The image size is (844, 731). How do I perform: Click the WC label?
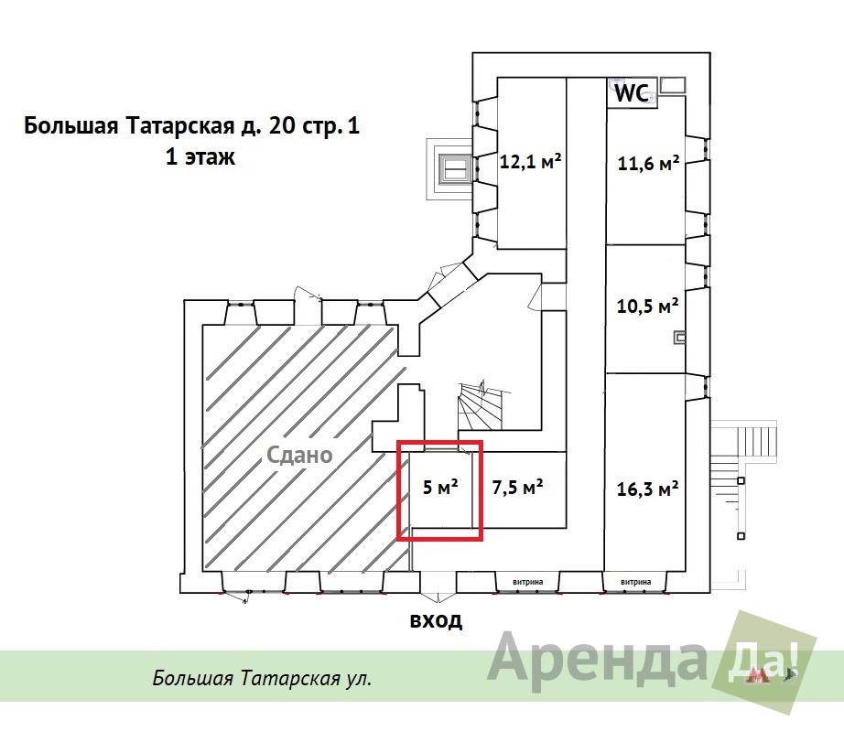coord(632,93)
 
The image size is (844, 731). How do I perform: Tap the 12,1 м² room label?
coord(531,161)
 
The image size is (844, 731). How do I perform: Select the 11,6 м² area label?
coord(648,163)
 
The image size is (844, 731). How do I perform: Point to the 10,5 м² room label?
coord(647,306)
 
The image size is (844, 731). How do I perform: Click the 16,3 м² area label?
coord(647,489)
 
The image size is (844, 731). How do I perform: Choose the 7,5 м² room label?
coord(518,487)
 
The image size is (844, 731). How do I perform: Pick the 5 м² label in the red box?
coord(440,487)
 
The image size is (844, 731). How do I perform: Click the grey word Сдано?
coord(300,456)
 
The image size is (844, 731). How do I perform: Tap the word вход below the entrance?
coord(436,620)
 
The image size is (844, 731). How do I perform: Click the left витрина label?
coord(527,582)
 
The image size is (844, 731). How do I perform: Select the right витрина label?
coord(635,582)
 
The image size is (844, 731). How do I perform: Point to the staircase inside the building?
coord(480,406)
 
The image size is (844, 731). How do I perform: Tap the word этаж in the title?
coord(210,157)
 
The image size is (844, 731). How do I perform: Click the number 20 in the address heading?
coord(281,126)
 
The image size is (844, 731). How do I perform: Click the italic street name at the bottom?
coord(262,678)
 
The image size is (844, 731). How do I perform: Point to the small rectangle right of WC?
coord(672,84)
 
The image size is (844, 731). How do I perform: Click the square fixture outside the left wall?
coord(454,169)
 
